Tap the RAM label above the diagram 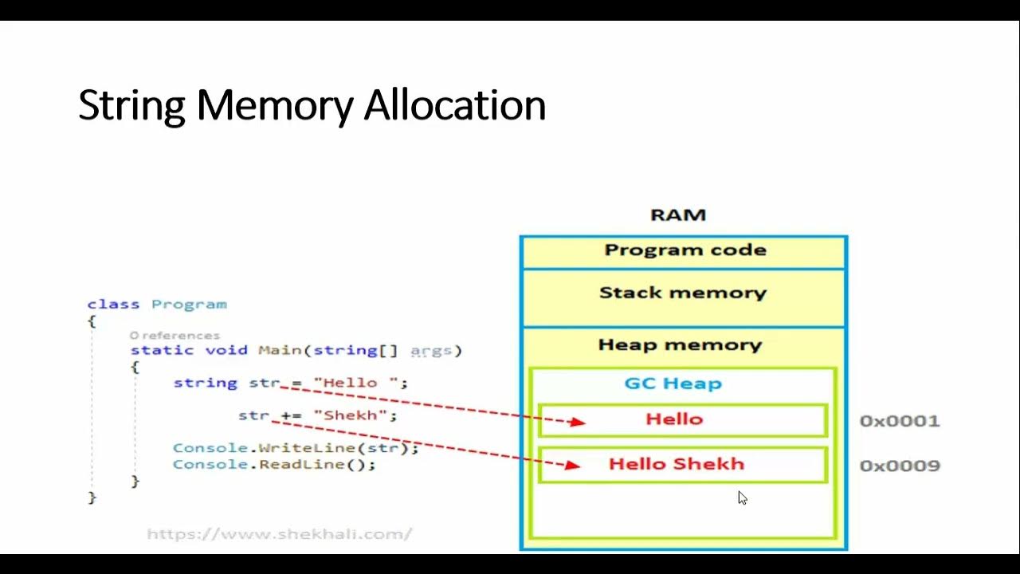pyautogui.click(x=678, y=215)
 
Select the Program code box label pyautogui.click(x=685, y=250)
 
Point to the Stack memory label pyautogui.click(x=682, y=293)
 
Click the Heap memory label pyautogui.click(x=680, y=345)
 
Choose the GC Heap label pyautogui.click(x=673, y=383)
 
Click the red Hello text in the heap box pyautogui.click(x=674, y=419)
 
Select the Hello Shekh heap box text pyautogui.click(x=676, y=464)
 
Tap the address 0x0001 pyautogui.click(x=899, y=421)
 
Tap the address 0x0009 pyautogui.click(x=899, y=466)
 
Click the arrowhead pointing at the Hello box pyautogui.click(x=578, y=422)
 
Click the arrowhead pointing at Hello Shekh pyautogui.click(x=572, y=465)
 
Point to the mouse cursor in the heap pyautogui.click(x=742, y=497)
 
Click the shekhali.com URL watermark pyautogui.click(x=279, y=534)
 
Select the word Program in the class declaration pyautogui.click(x=189, y=305)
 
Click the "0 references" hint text pyautogui.click(x=175, y=336)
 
